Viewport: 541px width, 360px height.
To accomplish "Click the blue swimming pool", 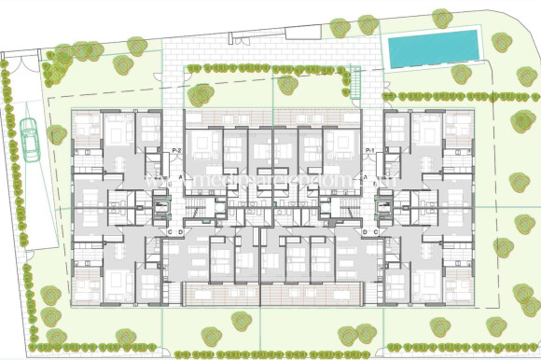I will [x=433, y=48].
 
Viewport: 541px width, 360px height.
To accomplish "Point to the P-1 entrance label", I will [x=369, y=151].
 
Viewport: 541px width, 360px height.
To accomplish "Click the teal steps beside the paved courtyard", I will [x=354, y=87].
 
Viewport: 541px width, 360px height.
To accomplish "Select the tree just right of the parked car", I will [x=58, y=133].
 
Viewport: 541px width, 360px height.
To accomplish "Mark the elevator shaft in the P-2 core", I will [x=166, y=203].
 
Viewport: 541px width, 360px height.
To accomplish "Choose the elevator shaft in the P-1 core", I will [x=378, y=203].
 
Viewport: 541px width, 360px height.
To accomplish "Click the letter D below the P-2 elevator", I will [x=180, y=230].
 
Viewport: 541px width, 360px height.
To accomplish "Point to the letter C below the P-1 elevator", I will [x=374, y=230].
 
